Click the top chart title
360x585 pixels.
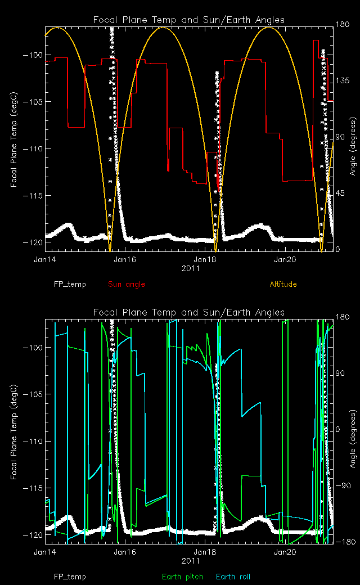188,20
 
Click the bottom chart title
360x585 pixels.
188,312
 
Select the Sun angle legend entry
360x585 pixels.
126,284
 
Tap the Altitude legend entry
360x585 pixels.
283,284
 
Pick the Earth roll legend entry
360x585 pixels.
233,577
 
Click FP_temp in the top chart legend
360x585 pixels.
70,284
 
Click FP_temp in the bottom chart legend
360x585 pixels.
70,577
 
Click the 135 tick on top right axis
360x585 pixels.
341,81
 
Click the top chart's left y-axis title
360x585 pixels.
13,139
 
